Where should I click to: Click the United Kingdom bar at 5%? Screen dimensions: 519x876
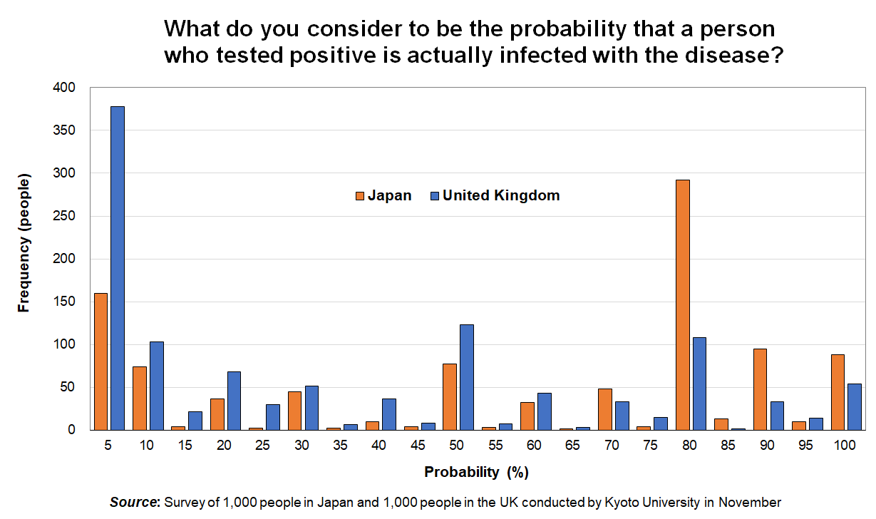[x=118, y=268]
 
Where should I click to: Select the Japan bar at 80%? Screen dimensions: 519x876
[x=683, y=305]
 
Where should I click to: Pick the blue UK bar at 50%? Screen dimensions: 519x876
[x=467, y=377]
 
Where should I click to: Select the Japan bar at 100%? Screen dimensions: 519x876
[x=838, y=392]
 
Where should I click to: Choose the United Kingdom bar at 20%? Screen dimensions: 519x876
[x=235, y=401]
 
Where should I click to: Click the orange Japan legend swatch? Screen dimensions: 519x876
[x=360, y=196]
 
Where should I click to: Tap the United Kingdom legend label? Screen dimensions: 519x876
[x=501, y=195]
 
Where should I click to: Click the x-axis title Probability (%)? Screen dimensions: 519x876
[x=476, y=472]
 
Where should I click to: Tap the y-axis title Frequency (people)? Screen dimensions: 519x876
[x=24, y=243]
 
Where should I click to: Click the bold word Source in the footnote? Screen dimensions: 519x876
[x=134, y=502]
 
